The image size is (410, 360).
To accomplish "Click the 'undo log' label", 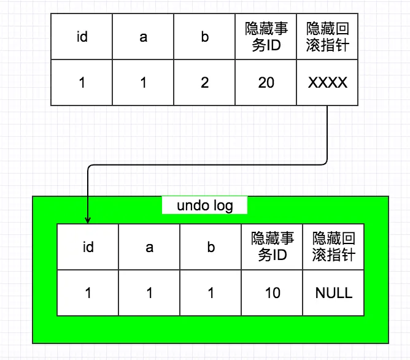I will [x=204, y=205].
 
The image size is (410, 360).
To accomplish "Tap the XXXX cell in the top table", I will [x=327, y=82].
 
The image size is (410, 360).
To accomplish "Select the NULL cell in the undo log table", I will [x=333, y=293].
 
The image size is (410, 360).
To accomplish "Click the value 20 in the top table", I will [x=266, y=82].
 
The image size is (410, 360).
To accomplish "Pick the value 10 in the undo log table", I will [x=272, y=293].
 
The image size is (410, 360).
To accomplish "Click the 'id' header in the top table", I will [x=82, y=37].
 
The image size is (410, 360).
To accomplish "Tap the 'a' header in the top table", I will [x=143, y=37].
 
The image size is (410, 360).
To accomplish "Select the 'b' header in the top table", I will [x=204, y=37].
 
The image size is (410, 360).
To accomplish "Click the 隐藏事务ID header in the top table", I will [x=266, y=37].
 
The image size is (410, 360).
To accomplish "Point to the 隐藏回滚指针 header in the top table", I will [x=327, y=37].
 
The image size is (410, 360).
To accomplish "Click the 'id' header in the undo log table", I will [x=88, y=247].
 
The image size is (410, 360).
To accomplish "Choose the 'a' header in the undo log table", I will [x=149, y=247].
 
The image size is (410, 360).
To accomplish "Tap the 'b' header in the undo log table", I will [x=211, y=247].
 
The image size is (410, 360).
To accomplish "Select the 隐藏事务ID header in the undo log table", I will [x=272, y=247].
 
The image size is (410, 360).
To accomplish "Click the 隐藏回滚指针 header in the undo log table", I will [x=333, y=247].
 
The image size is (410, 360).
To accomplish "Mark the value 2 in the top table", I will [x=204, y=82].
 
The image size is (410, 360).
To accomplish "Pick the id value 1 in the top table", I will [x=82, y=82].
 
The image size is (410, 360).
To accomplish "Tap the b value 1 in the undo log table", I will [x=211, y=293].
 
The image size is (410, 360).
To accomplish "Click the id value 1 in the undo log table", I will [x=88, y=293].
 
